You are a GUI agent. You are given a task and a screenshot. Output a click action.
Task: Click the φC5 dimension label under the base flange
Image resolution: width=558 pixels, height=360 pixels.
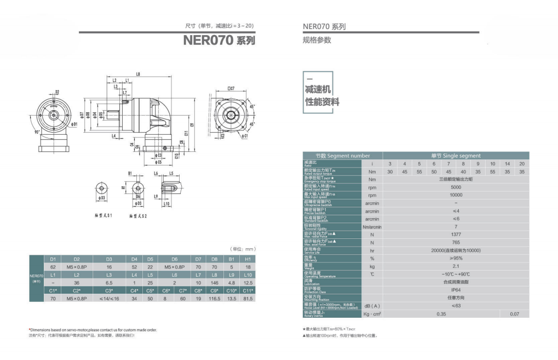point(158,162)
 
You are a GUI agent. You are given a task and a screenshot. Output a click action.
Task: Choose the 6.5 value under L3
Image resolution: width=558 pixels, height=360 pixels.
point(109,282)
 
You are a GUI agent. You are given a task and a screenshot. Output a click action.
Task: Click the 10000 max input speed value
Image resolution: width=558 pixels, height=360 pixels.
point(456,195)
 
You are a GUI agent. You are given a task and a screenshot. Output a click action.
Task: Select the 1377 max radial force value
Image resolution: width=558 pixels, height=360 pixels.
point(456,234)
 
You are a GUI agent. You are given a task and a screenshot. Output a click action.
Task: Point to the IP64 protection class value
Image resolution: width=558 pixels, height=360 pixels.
point(456,289)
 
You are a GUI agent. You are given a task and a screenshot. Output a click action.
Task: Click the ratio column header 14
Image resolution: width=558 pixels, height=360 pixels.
point(507,164)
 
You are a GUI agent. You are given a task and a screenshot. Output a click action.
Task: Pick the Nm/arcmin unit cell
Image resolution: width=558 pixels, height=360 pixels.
point(372,226)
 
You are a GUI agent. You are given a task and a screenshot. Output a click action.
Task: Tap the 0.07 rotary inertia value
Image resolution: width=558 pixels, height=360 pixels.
point(514,314)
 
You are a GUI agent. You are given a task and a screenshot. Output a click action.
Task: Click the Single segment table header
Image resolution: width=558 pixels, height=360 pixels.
point(456,156)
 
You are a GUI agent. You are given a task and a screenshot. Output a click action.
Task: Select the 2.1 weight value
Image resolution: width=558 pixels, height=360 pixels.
point(456,266)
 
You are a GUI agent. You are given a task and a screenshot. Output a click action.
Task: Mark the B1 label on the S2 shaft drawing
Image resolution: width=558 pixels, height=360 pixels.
point(130,173)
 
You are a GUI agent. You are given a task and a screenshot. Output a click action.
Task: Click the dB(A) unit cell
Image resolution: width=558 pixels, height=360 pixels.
point(372,306)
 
